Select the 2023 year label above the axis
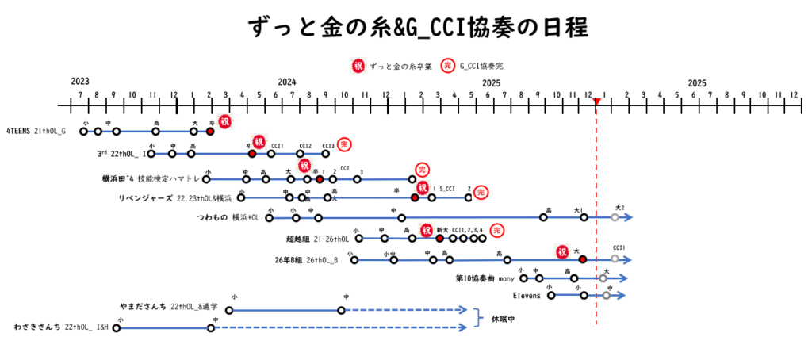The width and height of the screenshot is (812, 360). click(x=79, y=82)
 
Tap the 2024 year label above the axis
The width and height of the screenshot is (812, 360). click(x=287, y=82)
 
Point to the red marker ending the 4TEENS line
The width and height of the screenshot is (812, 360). click(x=210, y=131)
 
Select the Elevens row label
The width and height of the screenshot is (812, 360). click(x=527, y=296)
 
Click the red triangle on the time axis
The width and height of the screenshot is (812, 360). click(x=597, y=101)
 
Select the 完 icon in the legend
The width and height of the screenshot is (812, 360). click(x=448, y=67)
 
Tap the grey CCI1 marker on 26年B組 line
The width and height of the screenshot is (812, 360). click(x=615, y=259)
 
